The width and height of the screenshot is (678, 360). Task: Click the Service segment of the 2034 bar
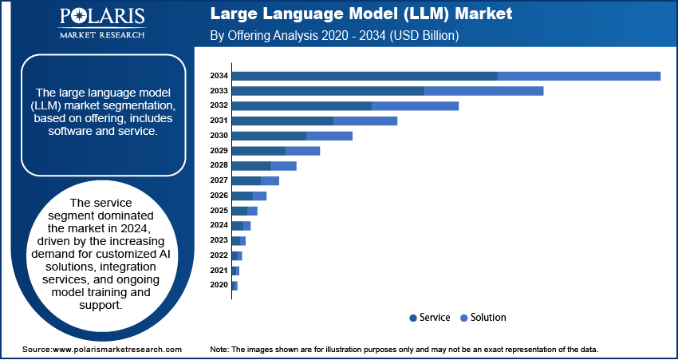pos(365,76)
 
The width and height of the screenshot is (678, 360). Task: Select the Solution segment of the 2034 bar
pos(579,76)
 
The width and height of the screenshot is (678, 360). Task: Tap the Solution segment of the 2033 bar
pos(484,91)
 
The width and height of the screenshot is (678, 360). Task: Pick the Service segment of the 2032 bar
pos(302,106)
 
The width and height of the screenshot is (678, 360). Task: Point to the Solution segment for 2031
pos(365,121)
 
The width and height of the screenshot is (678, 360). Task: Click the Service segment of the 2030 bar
pos(269,136)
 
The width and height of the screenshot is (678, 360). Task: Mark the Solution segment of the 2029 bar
pos(302,151)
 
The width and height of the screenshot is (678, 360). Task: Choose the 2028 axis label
pos(219,166)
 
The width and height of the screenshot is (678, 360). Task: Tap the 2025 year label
pos(219,211)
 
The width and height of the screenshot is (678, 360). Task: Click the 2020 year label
pos(219,285)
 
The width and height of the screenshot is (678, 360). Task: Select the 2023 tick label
pos(219,240)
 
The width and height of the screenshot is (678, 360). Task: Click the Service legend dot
pos(413,318)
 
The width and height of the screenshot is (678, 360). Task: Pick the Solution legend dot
pos(464,318)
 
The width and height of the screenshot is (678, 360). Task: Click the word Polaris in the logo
pos(102,17)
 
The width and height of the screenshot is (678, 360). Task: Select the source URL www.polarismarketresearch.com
pos(116,349)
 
